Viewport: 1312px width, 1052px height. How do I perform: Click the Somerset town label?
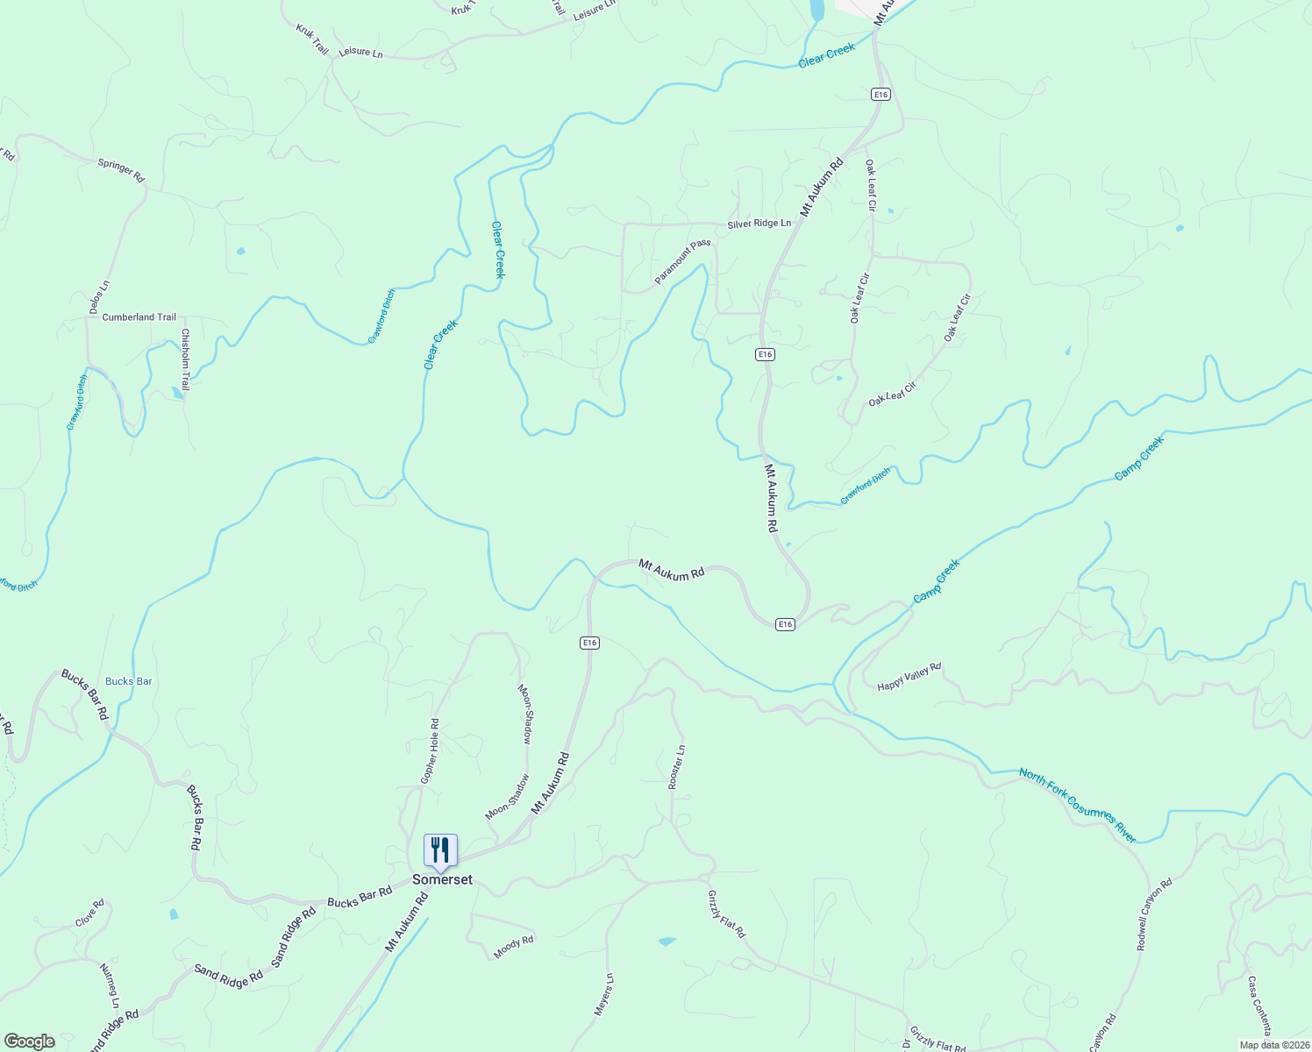(442, 880)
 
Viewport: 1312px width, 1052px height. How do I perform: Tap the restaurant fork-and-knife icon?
(440, 849)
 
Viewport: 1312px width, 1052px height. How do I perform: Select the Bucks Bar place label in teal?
(129, 681)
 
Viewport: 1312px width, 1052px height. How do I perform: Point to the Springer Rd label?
(121, 169)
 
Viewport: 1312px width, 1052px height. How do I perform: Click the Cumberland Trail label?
(139, 317)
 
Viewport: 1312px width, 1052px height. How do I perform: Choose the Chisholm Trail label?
(185, 359)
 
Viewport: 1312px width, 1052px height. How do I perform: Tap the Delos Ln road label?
(99, 297)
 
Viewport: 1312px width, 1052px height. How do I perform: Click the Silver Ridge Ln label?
(759, 224)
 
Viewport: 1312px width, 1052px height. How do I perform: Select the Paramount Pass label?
(681, 262)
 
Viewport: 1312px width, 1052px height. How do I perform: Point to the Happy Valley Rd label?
(909, 677)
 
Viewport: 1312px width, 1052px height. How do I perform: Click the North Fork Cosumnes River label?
(1077, 805)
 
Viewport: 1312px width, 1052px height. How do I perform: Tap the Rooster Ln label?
(676, 767)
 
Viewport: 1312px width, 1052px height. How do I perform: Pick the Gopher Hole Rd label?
(429, 751)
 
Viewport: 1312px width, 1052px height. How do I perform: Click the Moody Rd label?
(513, 947)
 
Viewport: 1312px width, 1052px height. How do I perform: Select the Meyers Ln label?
(603, 994)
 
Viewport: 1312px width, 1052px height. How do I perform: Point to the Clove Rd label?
(89, 913)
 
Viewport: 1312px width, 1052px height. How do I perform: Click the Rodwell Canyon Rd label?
(1153, 915)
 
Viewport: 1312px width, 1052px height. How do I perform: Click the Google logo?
(29, 1041)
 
